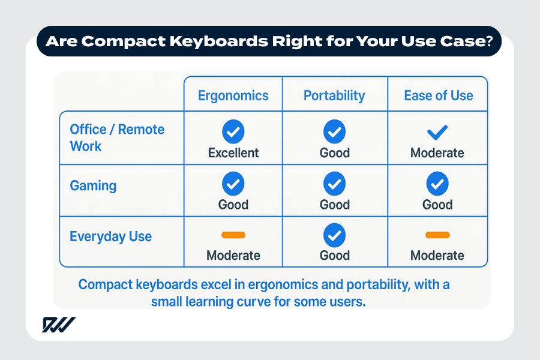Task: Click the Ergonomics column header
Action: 233,95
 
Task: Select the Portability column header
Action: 334,95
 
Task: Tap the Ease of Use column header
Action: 438,95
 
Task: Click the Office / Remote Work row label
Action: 116,138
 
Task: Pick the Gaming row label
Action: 93,185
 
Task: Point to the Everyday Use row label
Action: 110,236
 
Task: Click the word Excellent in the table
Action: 233,153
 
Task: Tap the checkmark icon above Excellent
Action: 233,131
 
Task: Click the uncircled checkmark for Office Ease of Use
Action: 437,131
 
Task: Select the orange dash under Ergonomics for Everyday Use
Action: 233,235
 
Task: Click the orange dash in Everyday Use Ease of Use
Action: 437,235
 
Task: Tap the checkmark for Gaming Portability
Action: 334,183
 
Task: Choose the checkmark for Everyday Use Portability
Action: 334,235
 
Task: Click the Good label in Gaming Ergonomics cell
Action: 233,205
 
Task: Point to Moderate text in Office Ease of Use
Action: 437,153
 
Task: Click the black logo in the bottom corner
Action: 58,325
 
